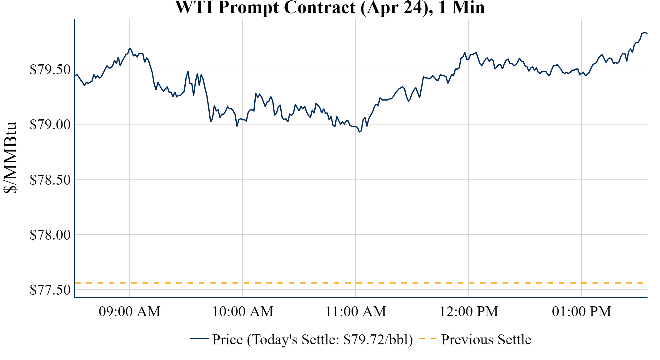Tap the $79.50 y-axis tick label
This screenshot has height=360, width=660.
pos(50,69)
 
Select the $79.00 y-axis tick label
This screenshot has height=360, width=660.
pos(50,124)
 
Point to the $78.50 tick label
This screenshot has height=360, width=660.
pos(50,180)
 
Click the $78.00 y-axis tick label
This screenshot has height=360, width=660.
pos(50,235)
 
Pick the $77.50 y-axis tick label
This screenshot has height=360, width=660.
pos(50,290)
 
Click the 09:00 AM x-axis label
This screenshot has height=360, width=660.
pos(130,312)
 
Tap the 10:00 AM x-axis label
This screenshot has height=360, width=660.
pos(243,312)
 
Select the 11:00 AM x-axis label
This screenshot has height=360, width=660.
pos(356,312)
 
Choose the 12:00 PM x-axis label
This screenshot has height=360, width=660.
pos(469,312)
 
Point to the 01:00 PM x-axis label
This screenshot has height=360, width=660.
pos(582,312)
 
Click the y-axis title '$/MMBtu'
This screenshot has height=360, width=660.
pos(10,158)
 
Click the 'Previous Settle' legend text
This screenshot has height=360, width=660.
pos(486,340)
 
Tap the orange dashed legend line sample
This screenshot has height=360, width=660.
pos(427,339)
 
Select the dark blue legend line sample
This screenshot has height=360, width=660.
pos(199,338)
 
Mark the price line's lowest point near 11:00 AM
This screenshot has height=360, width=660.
pos(359,132)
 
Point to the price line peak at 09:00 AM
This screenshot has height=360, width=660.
pos(130,48)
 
